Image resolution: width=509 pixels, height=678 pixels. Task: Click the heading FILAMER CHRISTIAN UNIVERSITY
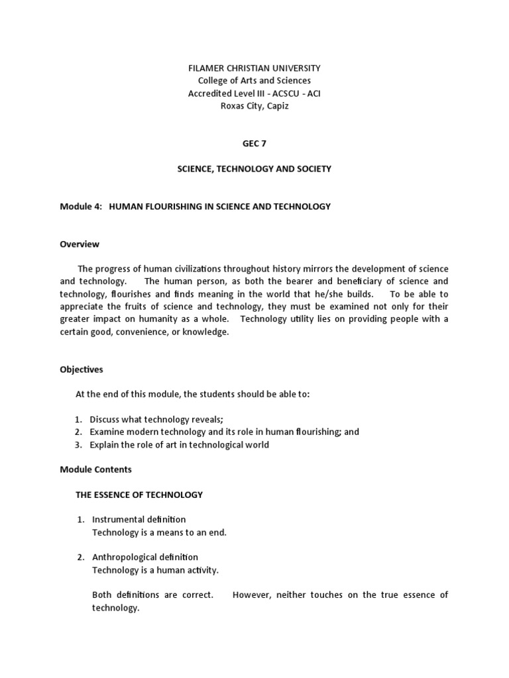tap(254, 68)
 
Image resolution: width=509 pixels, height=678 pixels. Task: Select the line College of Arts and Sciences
tap(254, 81)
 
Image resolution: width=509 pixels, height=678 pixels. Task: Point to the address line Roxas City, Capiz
tap(254, 106)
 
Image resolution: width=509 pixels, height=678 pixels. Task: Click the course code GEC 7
tap(254, 144)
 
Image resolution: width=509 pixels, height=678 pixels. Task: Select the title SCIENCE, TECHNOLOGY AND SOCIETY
tap(254, 169)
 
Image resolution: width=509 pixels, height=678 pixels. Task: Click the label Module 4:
tap(81, 207)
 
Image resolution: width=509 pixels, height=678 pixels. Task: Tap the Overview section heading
tap(80, 244)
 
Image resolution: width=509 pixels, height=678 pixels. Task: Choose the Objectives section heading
tap(82, 369)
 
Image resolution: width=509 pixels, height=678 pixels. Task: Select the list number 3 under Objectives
tap(78, 444)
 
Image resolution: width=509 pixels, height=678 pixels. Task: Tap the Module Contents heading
tap(95, 469)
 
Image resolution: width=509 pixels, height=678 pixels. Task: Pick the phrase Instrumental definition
tap(139, 520)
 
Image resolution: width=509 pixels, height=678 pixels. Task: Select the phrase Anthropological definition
tap(144, 557)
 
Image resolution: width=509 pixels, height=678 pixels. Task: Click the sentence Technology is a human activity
tap(155, 570)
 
